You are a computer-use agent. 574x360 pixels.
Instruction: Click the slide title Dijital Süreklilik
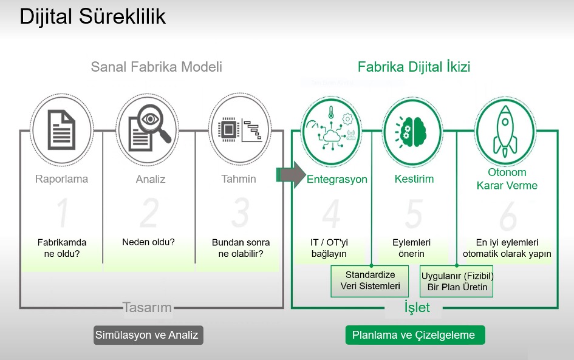[93, 17]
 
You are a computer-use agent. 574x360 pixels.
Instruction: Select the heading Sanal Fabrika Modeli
[156, 67]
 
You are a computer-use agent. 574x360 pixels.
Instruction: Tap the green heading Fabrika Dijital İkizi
[414, 67]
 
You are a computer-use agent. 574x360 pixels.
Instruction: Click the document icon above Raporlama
[61, 129]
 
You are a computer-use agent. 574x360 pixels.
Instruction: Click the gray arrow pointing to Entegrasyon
[291, 175]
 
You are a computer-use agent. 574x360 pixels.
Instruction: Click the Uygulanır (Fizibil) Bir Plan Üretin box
[457, 280]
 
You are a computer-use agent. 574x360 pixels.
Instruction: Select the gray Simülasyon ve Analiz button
[148, 335]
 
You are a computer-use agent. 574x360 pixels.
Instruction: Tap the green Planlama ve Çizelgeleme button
[415, 335]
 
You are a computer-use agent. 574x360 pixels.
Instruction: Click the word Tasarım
[147, 307]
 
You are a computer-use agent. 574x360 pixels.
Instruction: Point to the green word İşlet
[417, 307]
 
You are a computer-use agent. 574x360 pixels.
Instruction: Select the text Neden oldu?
[148, 242]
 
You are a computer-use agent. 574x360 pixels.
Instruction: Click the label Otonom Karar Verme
[507, 179]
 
